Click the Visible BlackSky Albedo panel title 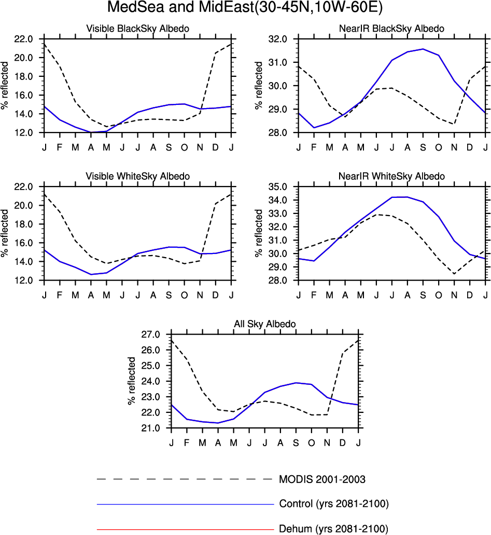137,28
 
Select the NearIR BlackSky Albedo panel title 392,28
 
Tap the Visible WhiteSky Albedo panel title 137,176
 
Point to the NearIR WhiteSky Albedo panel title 392,176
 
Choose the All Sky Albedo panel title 264,324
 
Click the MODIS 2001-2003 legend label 326,479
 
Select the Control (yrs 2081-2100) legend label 334,504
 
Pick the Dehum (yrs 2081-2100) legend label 333,529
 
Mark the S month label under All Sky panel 296,442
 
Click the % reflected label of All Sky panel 131,381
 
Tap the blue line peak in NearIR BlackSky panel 423,49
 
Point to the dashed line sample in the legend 184,479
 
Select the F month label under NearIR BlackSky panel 314,146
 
